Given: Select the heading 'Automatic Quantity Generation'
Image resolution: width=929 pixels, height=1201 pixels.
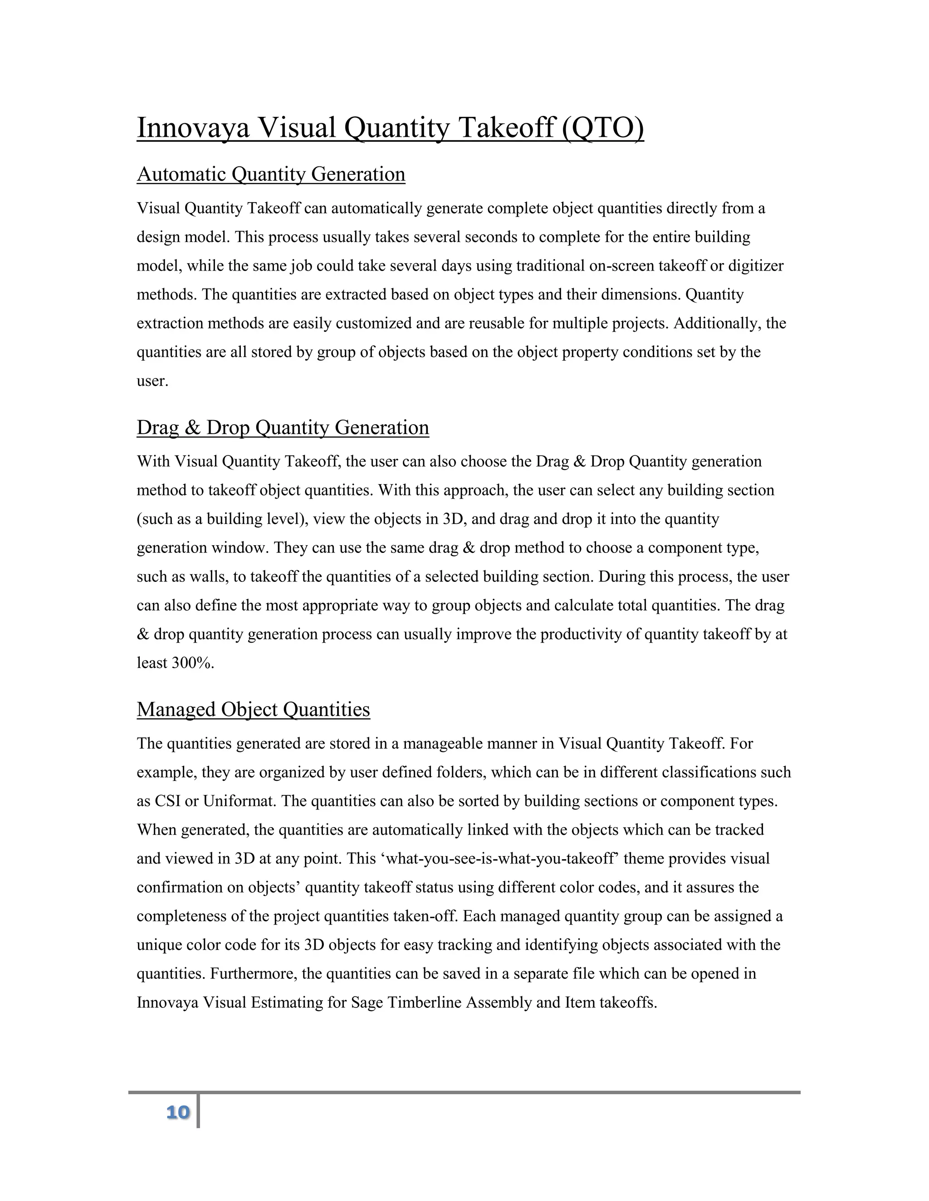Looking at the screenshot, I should [271, 174].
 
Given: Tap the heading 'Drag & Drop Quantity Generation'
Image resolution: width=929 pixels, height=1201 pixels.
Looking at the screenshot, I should [282, 427].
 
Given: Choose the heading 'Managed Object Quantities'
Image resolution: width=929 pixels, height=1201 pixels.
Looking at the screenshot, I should [253, 709].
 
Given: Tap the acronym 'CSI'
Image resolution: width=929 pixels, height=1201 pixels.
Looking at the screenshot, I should [168, 801].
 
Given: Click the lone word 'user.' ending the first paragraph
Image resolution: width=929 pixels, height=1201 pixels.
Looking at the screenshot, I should [152, 381].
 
